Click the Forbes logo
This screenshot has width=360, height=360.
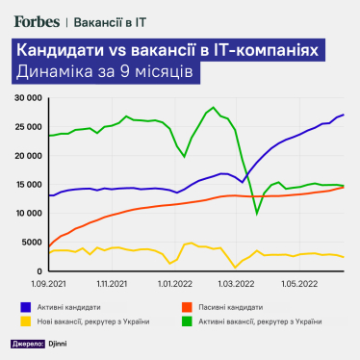pyautogui.click(x=38, y=18)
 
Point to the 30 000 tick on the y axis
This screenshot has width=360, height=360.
pyautogui.click(x=26, y=98)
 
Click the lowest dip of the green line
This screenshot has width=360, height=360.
pyautogui.click(x=257, y=214)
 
